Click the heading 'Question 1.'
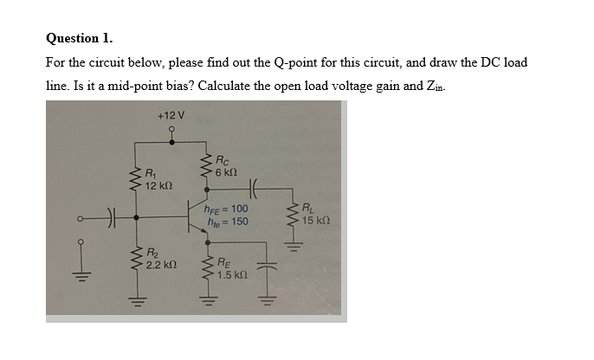79,38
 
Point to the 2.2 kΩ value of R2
163,263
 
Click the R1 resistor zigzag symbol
136,180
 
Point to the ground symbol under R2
136,302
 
